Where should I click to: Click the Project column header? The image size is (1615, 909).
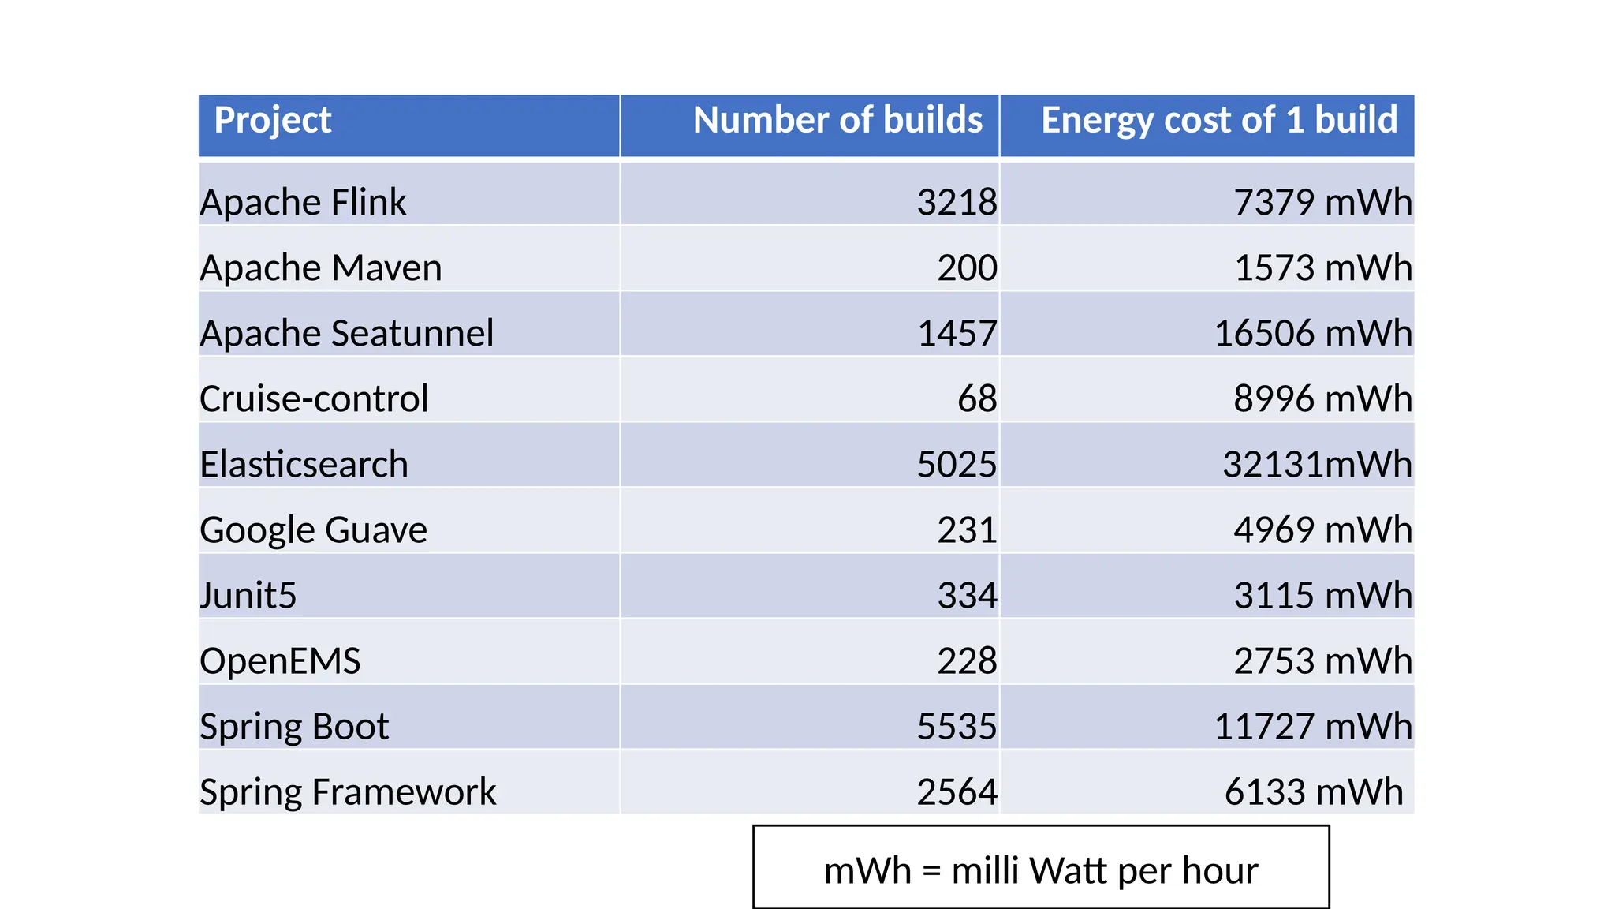click(x=273, y=121)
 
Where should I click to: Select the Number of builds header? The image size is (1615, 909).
click(x=837, y=121)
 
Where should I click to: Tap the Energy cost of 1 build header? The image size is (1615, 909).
click(x=1219, y=121)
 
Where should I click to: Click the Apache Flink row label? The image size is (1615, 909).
click(x=304, y=202)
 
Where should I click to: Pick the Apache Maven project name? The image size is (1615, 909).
click(x=321, y=267)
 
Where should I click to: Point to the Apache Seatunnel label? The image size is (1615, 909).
click(x=347, y=333)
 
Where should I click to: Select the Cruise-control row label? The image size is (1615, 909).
click(x=314, y=398)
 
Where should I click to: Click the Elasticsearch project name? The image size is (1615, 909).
click(x=304, y=464)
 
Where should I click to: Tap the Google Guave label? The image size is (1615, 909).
click(x=314, y=529)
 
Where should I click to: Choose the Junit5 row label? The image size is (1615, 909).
click(x=248, y=595)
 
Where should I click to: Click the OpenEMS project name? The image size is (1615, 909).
click(x=280, y=660)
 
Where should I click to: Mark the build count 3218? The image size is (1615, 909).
click(x=957, y=202)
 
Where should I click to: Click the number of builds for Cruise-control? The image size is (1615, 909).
click(x=977, y=398)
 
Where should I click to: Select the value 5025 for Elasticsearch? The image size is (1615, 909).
click(x=957, y=464)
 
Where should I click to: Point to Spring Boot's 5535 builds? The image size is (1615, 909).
click(x=957, y=726)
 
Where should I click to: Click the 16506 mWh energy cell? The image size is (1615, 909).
click(x=1313, y=333)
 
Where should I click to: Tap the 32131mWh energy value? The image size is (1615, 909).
click(x=1317, y=464)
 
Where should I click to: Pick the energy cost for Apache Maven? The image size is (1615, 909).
click(x=1322, y=267)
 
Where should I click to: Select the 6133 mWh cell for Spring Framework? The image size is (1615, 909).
click(x=1314, y=791)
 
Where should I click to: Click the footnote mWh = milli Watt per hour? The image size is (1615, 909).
click(x=1041, y=871)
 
